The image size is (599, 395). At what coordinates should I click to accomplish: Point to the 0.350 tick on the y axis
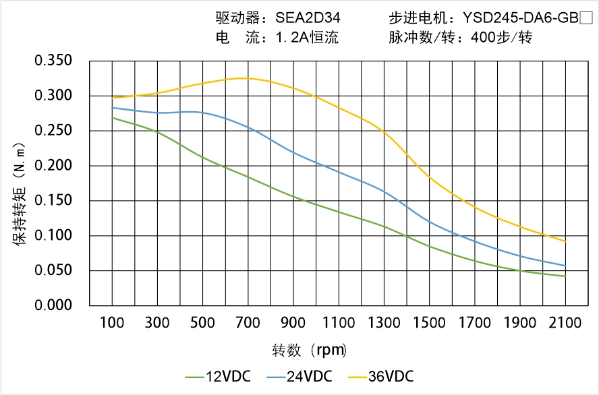point(53,61)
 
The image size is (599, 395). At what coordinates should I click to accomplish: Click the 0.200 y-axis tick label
point(53,166)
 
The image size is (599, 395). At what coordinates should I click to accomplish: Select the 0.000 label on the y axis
point(53,305)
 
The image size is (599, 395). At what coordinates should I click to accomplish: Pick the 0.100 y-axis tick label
point(53,236)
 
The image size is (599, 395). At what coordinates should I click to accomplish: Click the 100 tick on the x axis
point(112,323)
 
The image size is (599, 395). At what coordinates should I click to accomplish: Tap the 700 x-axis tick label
point(248,323)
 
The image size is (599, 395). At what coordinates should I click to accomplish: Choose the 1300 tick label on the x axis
point(384,323)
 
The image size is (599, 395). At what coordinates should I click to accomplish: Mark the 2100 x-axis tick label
point(565,323)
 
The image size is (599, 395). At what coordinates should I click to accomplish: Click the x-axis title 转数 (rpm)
point(309,351)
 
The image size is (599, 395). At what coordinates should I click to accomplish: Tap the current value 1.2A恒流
point(307,38)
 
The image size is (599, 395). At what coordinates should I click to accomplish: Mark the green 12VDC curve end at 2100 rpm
point(565,276)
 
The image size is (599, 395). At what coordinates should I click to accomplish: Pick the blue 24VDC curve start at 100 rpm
point(113,108)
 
